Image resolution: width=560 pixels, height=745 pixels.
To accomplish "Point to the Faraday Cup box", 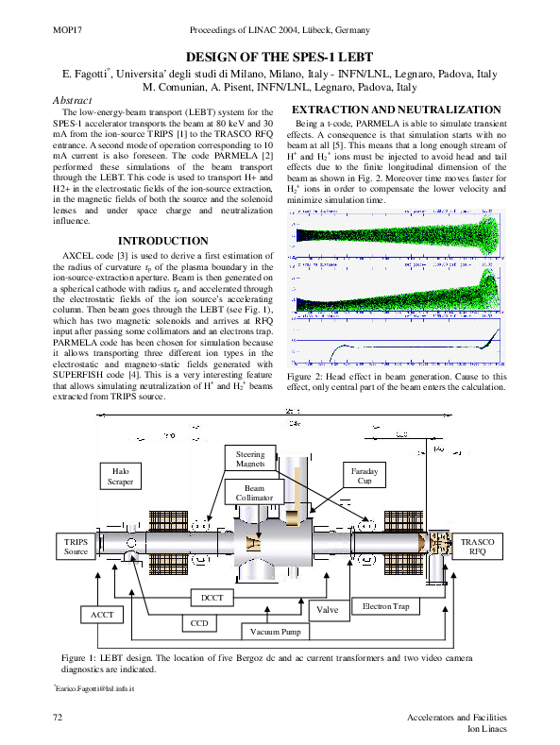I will (x=364, y=475).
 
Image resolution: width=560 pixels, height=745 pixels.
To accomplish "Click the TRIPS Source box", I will (x=76, y=546).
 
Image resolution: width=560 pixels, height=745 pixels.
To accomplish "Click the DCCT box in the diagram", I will (x=212, y=598).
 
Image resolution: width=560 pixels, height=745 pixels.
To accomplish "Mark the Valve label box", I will (x=327, y=610).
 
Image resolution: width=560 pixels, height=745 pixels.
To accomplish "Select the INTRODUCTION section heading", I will (x=162, y=242).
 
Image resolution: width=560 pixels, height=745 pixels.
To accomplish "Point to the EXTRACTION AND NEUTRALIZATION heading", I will (x=398, y=110).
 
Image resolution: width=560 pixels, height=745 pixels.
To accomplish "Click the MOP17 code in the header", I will (x=63, y=31).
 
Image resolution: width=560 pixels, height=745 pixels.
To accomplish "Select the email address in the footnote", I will (x=94, y=690).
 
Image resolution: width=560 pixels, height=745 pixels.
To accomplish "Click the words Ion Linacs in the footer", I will (x=487, y=730).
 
